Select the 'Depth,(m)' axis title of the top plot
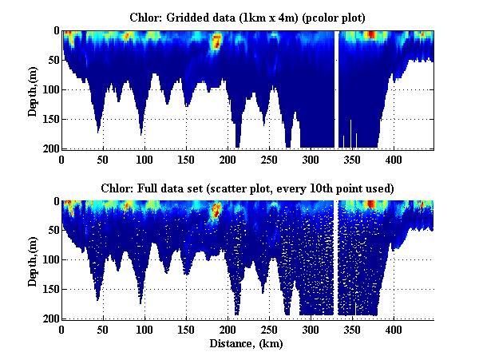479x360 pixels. pyautogui.click(x=33, y=89)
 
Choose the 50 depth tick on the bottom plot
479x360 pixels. pyautogui.click(x=52, y=231)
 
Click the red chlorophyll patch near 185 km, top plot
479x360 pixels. pyautogui.click(x=215, y=42)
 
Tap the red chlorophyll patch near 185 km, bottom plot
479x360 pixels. pyautogui.click(x=215, y=212)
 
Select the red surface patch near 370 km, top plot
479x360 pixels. pyautogui.click(x=370, y=34)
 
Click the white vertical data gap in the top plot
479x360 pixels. pyautogui.click(x=337, y=88)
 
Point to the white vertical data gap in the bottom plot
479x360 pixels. pyautogui.click(x=337, y=255)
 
